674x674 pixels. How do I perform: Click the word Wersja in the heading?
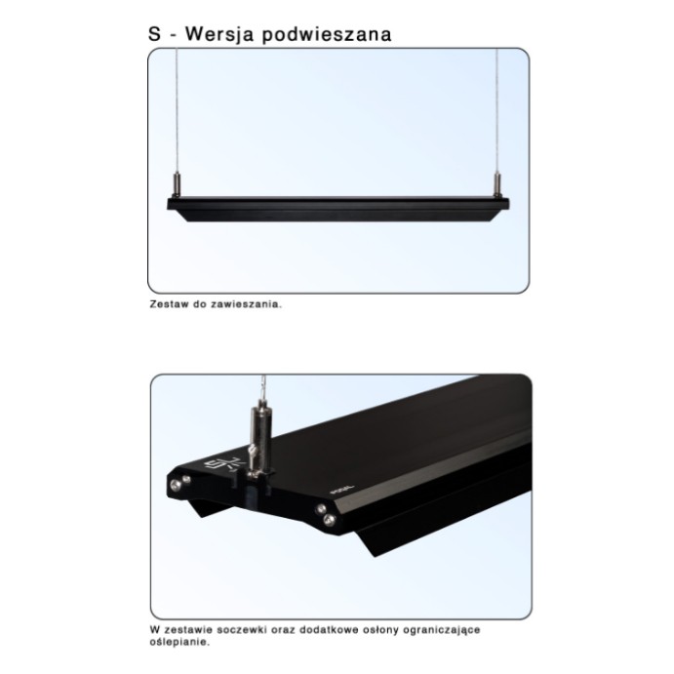(219, 34)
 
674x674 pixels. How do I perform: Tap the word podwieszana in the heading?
(327, 34)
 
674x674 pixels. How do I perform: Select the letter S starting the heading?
(154, 34)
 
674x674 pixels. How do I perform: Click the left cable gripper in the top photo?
(177, 184)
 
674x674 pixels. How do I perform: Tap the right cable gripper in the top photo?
(497, 184)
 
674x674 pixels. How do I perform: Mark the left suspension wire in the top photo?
(177, 110)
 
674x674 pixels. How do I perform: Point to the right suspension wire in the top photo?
(497, 110)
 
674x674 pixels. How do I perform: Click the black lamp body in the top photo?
(337, 209)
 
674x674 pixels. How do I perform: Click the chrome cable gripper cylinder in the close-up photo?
(260, 434)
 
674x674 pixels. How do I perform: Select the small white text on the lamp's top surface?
(343, 490)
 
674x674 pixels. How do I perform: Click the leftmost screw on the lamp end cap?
(175, 486)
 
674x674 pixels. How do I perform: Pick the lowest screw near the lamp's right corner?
(330, 520)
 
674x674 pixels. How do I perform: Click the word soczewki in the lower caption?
(242, 630)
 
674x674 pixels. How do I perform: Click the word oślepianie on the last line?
(179, 643)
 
